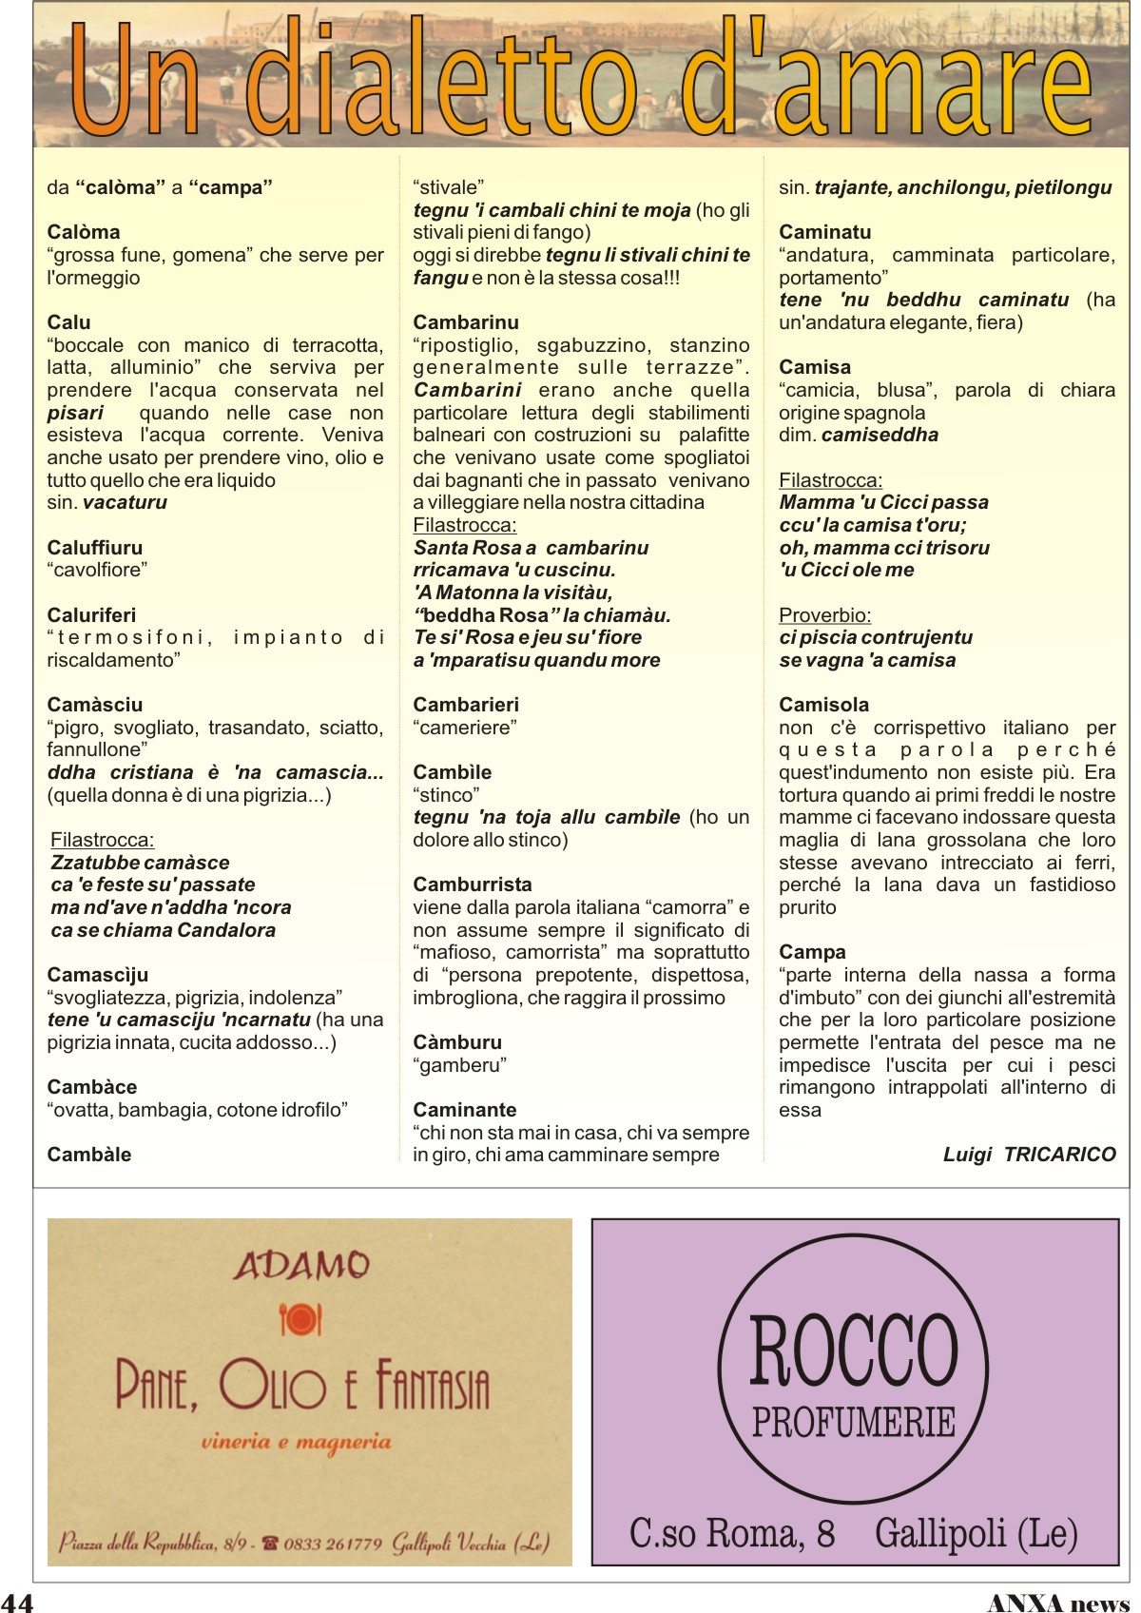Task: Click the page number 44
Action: pyautogui.click(x=17, y=1602)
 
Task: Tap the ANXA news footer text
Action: pyautogui.click(x=1057, y=1603)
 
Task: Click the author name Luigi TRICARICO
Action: pyautogui.click(x=1029, y=1155)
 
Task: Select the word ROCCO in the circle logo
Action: pyautogui.click(x=853, y=1351)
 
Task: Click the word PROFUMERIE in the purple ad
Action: pyautogui.click(x=853, y=1423)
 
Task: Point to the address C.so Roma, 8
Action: pyautogui.click(x=731, y=1533)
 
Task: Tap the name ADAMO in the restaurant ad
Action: pyautogui.click(x=301, y=1265)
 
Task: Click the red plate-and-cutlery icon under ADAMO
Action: pyautogui.click(x=300, y=1319)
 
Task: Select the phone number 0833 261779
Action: pyautogui.click(x=333, y=1543)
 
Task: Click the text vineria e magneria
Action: pyautogui.click(x=296, y=1442)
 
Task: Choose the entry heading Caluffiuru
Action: pyautogui.click(x=95, y=548)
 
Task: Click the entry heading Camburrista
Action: pyautogui.click(x=473, y=884)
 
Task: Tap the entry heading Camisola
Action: pyautogui.click(x=823, y=705)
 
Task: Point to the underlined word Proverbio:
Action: pyautogui.click(x=824, y=615)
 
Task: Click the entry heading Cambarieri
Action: pyautogui.click(x=466, y=705)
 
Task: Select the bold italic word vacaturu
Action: pyautogui.click(x=125, y=502)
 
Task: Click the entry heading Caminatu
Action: pyautogui.click(x=824, y=232)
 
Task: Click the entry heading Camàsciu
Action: pyautogui.click(x=95, y=705)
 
